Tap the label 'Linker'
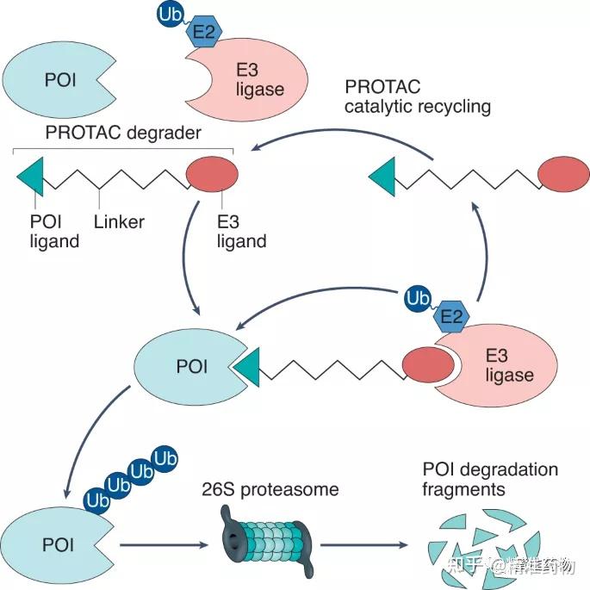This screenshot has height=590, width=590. click(120, 222)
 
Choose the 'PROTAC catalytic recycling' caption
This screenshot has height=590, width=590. click(418, 97)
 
